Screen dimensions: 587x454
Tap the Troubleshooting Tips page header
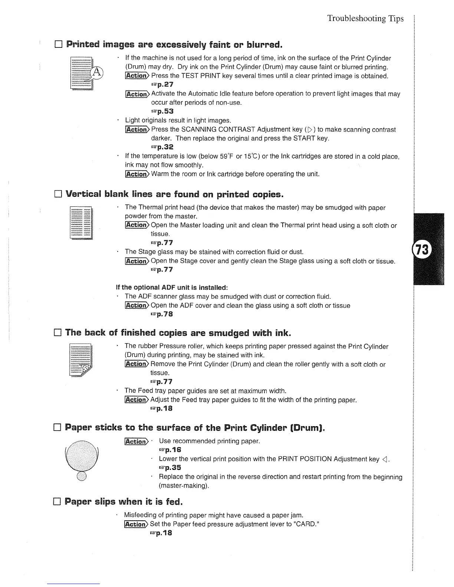pyautogui.click(x=365, y=19)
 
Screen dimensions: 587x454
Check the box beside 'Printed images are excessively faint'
pyautogui.click(x=58, y=46)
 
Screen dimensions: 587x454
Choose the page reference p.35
pyautogui.click(x=169, y=467)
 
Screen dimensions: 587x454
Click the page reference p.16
pyautogui.click(x=169, y=450)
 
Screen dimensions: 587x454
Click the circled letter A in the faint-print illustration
pyautogui.click(x=97, y=72)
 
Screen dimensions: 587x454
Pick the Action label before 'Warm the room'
pyautogui.click(x=136, y=174)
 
